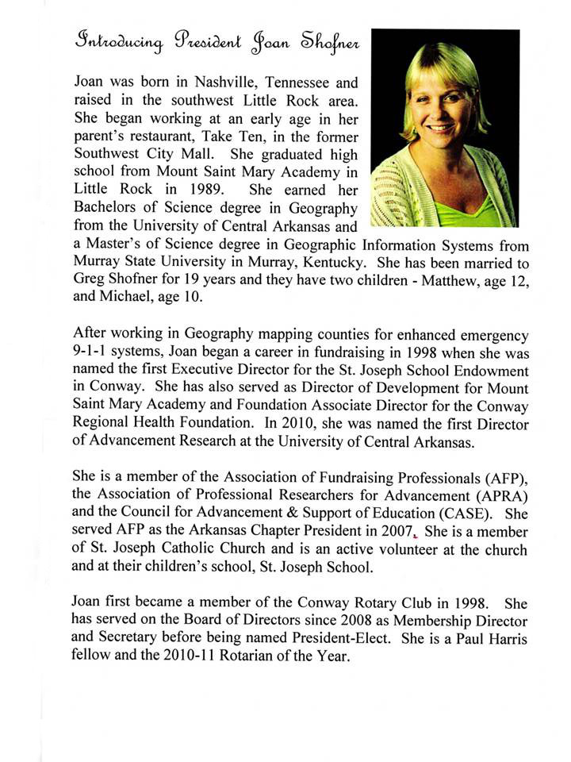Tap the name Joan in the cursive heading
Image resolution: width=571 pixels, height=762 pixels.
(x=267, y=41)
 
